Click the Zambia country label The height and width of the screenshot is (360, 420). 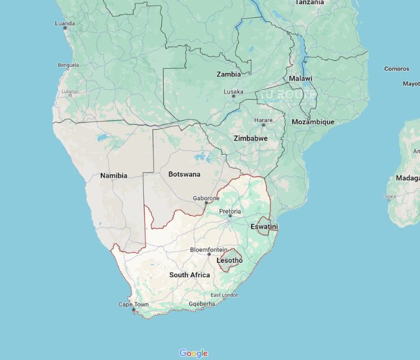229,74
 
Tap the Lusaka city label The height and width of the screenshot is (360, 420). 233,92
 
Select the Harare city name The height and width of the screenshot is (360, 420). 263,120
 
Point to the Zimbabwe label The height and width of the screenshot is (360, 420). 250,138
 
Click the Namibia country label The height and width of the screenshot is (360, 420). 113,176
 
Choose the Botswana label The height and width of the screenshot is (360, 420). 184,174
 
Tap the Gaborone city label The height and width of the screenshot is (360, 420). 206,198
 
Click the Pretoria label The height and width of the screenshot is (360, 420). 230,211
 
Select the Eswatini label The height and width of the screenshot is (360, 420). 264,226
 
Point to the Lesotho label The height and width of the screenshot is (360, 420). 229,260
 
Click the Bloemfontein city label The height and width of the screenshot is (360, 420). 208,250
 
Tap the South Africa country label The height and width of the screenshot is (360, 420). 190,275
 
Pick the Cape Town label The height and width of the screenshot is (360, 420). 133,305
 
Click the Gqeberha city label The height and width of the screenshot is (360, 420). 202,304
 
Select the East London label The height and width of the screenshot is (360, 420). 224,295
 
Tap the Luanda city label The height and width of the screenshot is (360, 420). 65,23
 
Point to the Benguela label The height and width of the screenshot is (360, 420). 68,65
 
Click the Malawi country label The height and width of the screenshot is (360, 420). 300,79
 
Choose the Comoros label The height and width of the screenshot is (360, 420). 397,69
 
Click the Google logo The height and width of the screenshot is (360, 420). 193,353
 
